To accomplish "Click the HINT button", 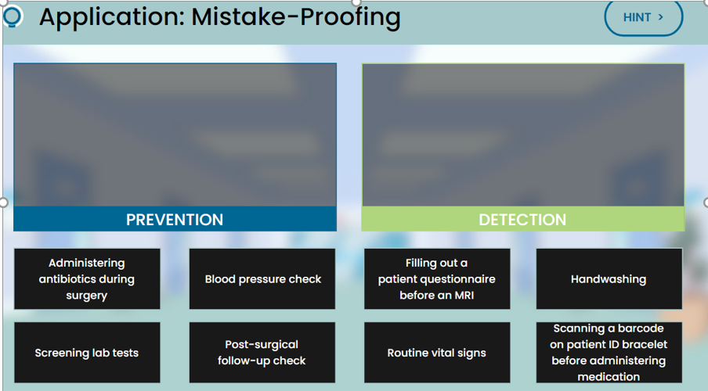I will pyautogui.click(x=643, y=17).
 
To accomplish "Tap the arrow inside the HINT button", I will pyautogui.click(x=661, y=17).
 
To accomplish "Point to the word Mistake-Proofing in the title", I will pyautogui.click(x=296, y=16).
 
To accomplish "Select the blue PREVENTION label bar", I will pyautogui.click(x=175, y=219).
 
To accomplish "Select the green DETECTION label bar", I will pyautogui.click(x=522, y=219).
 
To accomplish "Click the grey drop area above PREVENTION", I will pyautogui.click(x=175, y=135).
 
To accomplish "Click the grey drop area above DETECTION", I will pyautogui.click(x=522, y=135).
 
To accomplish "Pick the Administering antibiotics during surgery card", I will pyautogui.click(x=87, y=279).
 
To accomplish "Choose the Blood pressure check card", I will pyautogui.click(x=262, y=279).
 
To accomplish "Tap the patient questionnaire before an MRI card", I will pyautogui.click(x=437, y=279).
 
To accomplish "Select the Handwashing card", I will pyautogui.click(x=609, y=279).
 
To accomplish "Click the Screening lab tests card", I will pyautogui.click(x=87, y=353).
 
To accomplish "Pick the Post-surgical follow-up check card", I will pyautogui.click(x=262, y=353).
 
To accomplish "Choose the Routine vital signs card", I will pyautogui.click(x=437, y=353).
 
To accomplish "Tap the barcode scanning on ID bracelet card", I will pyautogui.click(x=609, y=353).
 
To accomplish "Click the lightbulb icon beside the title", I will pyautogui.click(x=13, y=16).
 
